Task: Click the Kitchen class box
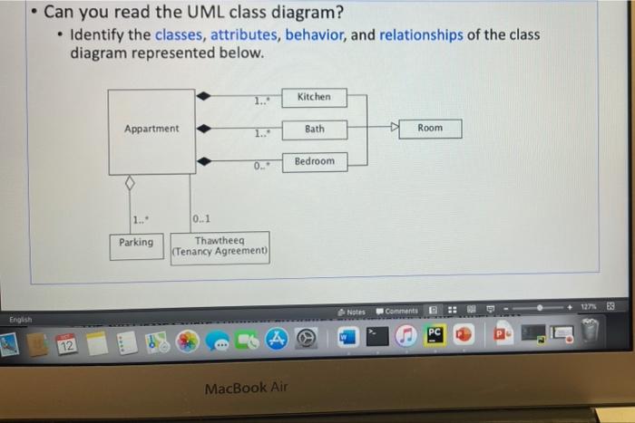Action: click(x=314, y=97)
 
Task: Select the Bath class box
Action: click(x=314, y=129)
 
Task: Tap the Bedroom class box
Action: click(x=314, y=161)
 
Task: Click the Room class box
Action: click(x=430, y=128)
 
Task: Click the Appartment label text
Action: click(x=151, y=129)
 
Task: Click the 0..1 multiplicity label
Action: click(x=200, y=220)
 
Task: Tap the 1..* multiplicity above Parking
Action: click(x=140, y=219)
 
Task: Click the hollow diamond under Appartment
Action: click(x=129, y=183)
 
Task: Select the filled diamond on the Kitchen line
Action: click(x=204, y=94)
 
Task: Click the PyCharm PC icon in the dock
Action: click(x=434, y=335)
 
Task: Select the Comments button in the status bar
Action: click(x=396, y=312)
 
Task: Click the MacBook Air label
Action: click(x=247, y=388)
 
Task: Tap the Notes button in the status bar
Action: click(x=352, y=312)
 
